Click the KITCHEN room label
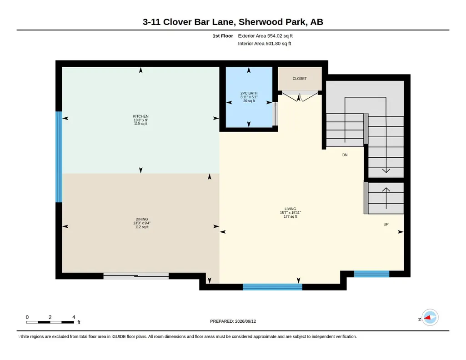[140, 116]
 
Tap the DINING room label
[142, 219]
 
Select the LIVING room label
[291, 209]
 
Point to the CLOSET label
[300, 79]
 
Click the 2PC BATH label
[249, 93]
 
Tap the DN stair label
[345, 155]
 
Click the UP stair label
[386, 224]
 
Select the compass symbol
[430, 318]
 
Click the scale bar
[50, 322]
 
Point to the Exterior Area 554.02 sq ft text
[265, 36]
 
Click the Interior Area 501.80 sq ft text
[265, 44]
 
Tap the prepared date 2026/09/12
[246, 321]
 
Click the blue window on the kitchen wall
[59, 157]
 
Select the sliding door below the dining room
[136, 276]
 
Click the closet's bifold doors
[300, 97]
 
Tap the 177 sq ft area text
[291, 216]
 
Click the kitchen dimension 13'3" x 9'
[140, 120]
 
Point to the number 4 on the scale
[74, 317]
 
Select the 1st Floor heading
[223, 36]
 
